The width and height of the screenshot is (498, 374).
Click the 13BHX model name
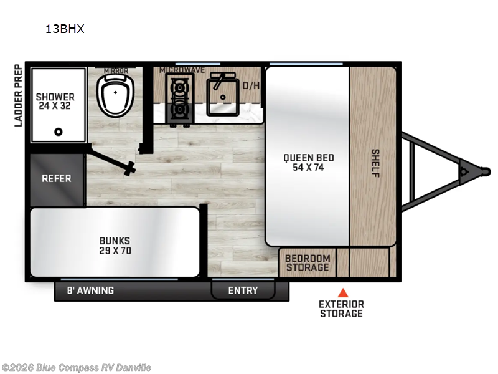tap(64, 29)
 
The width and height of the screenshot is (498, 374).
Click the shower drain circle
tap(59, 132)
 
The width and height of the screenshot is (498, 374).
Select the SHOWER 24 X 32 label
tap(55, 101)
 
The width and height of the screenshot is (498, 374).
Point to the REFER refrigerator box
tap(57, 178)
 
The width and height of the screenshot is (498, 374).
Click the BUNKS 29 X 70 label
tap(115, 246)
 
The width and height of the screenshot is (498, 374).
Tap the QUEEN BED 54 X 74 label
tap(306, 162)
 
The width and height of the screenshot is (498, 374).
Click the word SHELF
tap(375, 163)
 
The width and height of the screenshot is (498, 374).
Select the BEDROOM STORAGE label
tap(308, 263)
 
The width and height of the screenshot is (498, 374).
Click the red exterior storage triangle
tap(342, 292)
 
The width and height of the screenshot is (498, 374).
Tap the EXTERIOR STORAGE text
tap(341, 309)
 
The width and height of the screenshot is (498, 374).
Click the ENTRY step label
tap(243, 290)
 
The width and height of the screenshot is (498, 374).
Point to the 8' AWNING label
tap(90, 290)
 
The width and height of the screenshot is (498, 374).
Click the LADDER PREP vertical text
tap(19, 95)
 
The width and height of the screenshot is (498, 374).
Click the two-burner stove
tap(180, 98)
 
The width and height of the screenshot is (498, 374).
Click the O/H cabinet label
tap(251, 85)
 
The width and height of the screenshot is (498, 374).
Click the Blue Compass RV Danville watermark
tap(76, 368)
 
